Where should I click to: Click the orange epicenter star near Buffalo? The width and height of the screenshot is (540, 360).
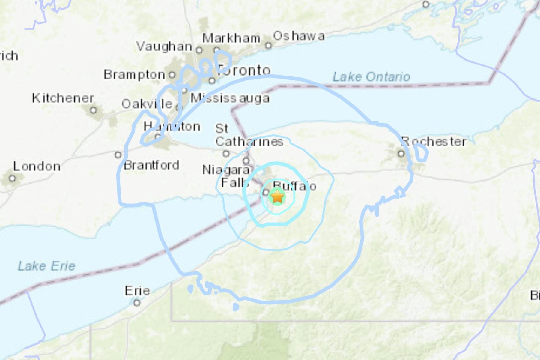[277, 197]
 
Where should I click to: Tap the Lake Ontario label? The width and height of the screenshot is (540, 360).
[371, 77]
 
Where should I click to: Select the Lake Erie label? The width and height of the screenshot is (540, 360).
[46, 266]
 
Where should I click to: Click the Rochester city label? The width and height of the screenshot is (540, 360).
[434, 141]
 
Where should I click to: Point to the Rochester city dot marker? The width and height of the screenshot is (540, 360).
[401, 154]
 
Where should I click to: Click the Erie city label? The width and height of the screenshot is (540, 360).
[137, 291]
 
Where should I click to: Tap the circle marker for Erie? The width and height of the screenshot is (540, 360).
[137, 303]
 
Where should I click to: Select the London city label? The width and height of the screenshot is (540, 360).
[37, 166]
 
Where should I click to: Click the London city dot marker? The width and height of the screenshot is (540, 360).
[12, 178]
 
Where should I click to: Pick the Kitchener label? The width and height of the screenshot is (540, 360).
[63, 98]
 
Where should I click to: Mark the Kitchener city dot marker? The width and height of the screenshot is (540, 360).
[94, 110]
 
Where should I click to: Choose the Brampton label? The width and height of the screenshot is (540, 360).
[134, 74]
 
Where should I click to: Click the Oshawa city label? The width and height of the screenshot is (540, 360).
[299, 36]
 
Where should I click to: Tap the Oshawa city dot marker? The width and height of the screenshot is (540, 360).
[269, 46]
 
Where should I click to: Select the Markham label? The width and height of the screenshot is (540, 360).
[231, 38]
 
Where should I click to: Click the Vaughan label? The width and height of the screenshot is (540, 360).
[164, 46]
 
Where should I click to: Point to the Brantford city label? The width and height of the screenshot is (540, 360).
[151, 165]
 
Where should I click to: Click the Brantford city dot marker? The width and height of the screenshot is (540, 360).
[118, 155]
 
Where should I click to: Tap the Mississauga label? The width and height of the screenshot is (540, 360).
[230, 98]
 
